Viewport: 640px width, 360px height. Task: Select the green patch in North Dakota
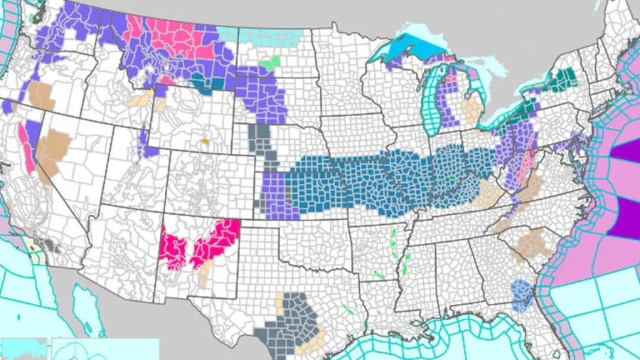click(x=268, y=63)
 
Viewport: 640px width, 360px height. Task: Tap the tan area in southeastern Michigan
click(x=470, y=110)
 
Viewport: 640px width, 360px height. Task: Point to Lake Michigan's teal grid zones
click(x=431, y=100)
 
